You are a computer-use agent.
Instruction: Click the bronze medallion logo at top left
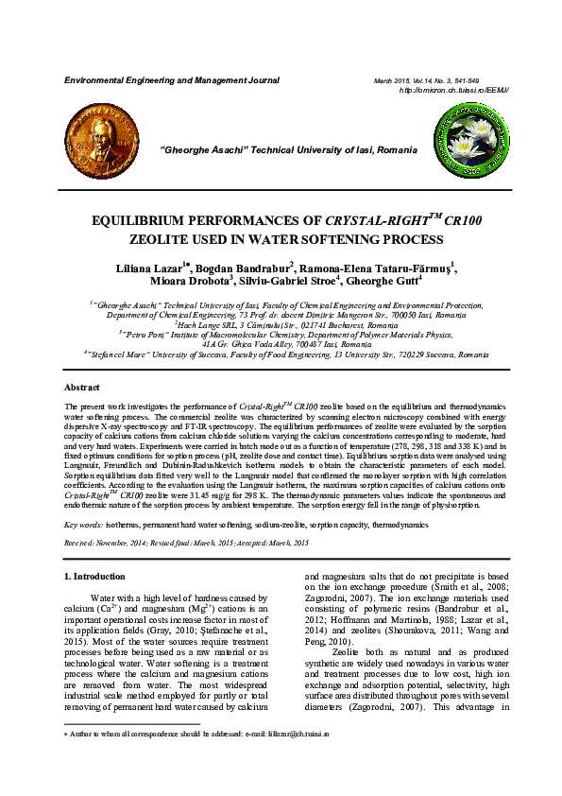100,144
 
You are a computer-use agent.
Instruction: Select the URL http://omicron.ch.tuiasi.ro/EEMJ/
453,91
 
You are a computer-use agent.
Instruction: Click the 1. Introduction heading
94,576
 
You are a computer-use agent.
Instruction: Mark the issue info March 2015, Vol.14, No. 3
425,82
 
